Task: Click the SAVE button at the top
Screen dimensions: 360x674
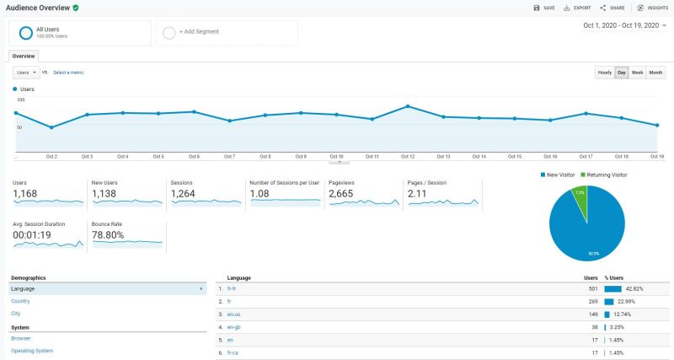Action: tap(544, 8)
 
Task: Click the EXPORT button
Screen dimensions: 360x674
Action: tap(577, 8)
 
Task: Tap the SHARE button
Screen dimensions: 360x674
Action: tap(613, 8)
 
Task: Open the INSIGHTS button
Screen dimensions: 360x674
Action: tap(652, 8)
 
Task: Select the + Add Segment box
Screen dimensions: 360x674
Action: tap(227, 32)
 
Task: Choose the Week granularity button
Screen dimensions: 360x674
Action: tap(638, 73)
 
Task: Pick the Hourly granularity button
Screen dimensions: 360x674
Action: tap(605, 73)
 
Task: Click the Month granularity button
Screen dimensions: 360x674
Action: tap(655, 73)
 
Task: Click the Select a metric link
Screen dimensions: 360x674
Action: tap(68, 73)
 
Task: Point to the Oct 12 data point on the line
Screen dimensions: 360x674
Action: tap(407, 106)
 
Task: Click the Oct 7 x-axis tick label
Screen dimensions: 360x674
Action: tap(229, 156)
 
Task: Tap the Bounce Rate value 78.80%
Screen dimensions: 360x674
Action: tap(108, 235)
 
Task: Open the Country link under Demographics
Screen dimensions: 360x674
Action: tap(20, 301)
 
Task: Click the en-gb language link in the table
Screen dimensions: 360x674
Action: tap(234, 326)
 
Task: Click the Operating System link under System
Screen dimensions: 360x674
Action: tap(32, 351)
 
